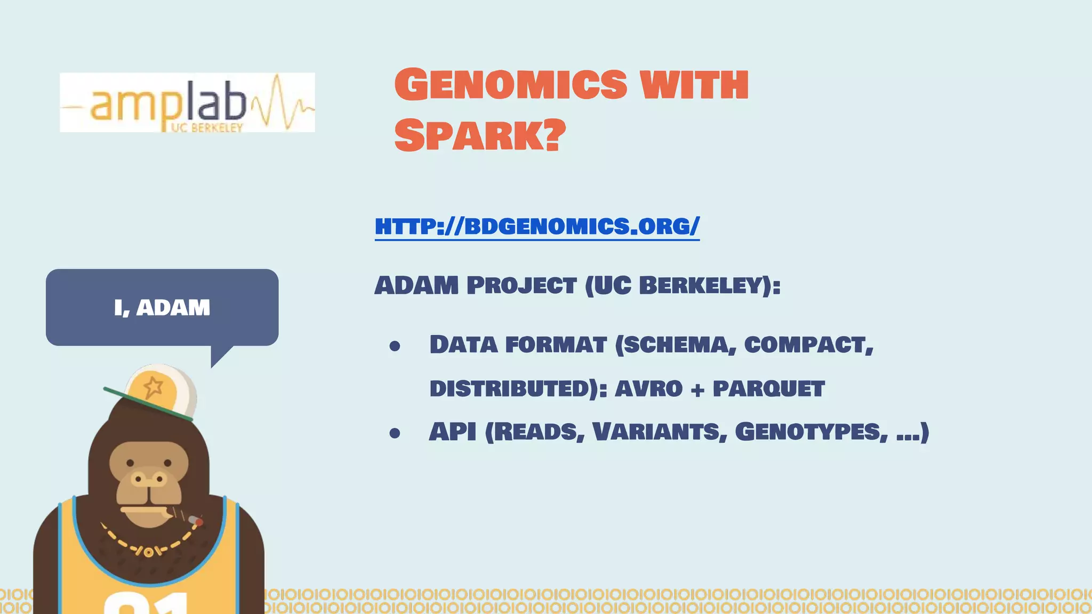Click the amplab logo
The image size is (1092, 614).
(x=187, y=102)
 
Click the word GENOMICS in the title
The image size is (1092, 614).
(x=511, y=85)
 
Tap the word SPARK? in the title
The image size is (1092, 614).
(x=480, y=135)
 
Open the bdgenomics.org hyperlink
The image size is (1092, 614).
(x=537, y=227)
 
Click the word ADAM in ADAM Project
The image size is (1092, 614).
(x=416, y=286)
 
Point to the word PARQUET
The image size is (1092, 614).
(x=768, y=389)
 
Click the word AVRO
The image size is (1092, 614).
(x=648, y=389)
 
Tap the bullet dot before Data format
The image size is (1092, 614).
(x=395, y=346)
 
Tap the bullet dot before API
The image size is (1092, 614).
(x=395, y=433)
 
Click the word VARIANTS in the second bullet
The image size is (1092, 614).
(x=660, y=432)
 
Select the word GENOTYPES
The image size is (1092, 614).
(x=810, y=432)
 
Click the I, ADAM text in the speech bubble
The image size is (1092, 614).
(x=162, y=308)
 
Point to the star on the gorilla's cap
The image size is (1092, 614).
(x=153, y=387)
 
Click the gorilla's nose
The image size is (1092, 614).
(x=149, y=479)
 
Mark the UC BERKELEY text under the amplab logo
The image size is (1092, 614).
(x=207, y=128)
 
